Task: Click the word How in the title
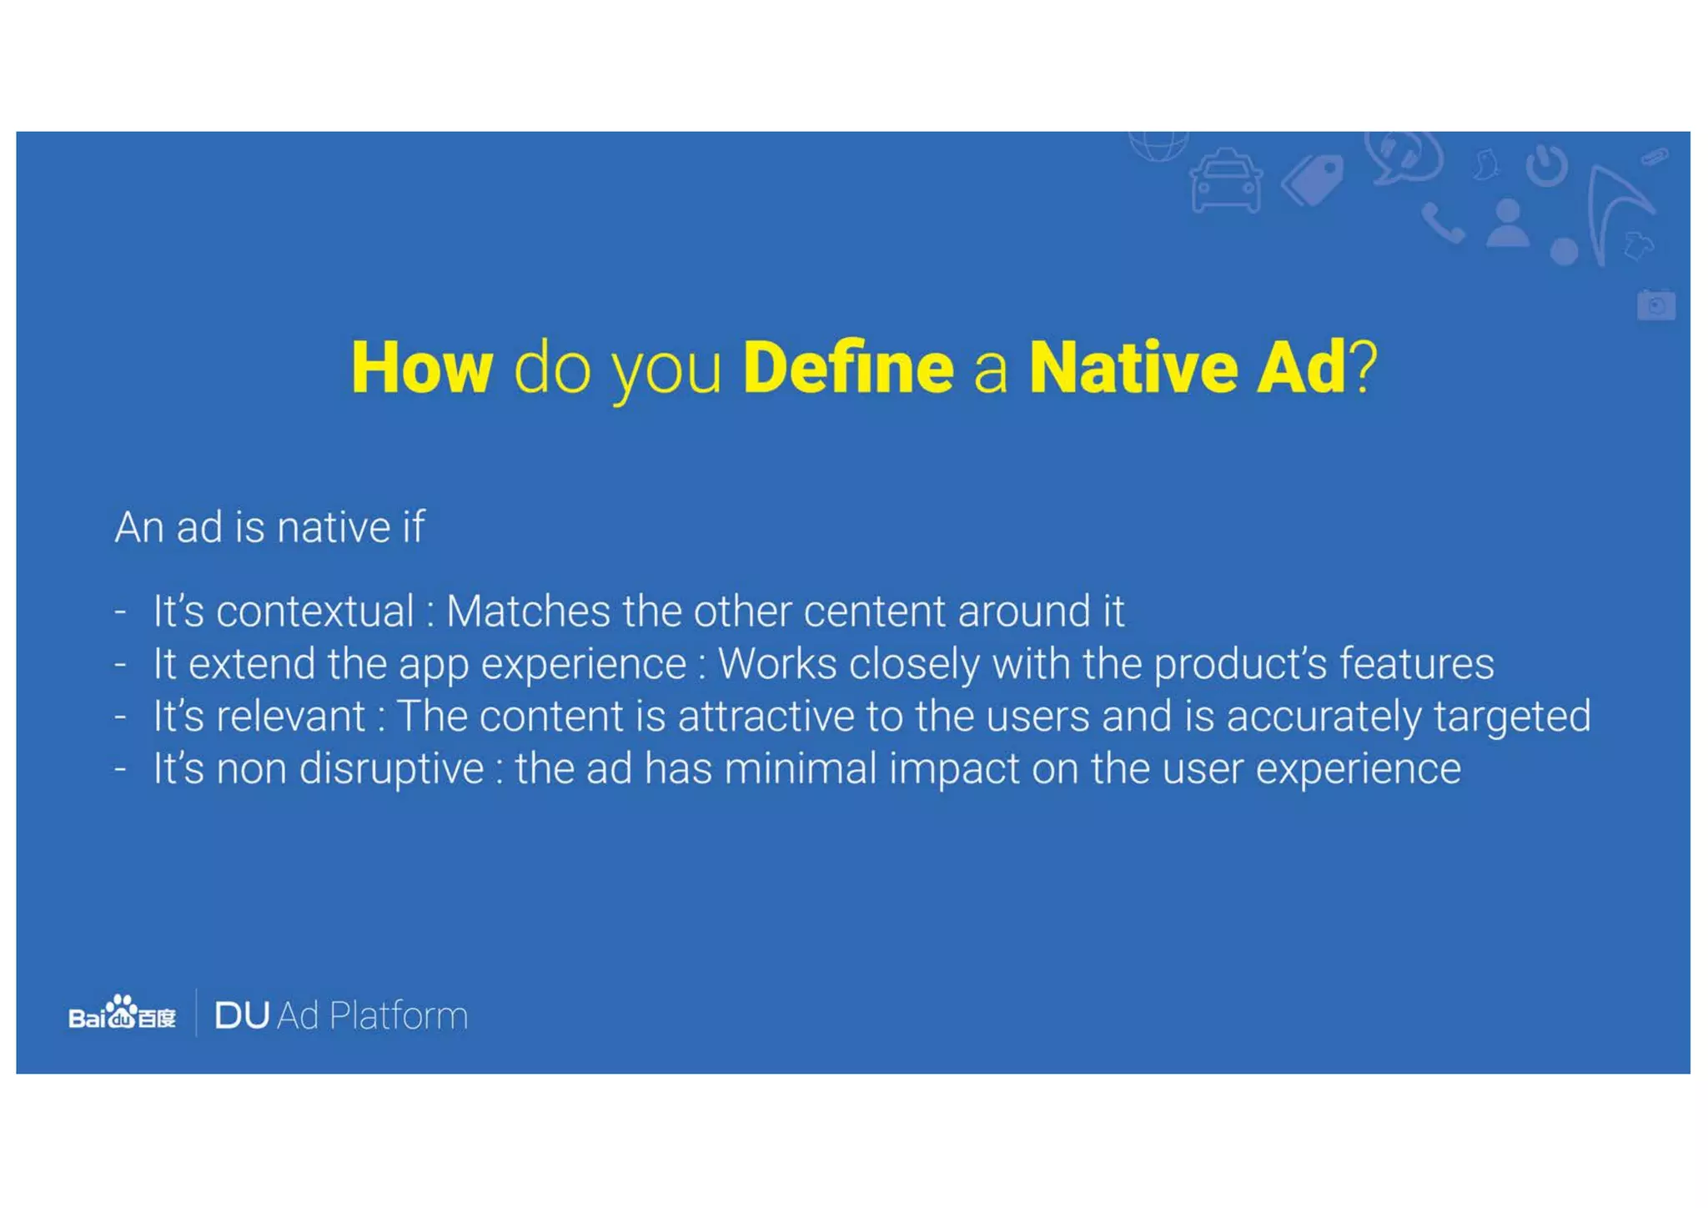(x=422, y=368)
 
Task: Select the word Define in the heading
(x=847, y=368)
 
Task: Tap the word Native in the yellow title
(x=1133, y=368)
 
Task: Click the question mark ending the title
(x=1364, y=368)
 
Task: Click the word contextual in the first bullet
(x=314, y=612)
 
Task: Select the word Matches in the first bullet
(x=528, y=612)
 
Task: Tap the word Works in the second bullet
(x=776, y=665)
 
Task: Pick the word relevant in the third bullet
(x=290, y=717)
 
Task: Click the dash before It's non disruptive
(x=120, y=769)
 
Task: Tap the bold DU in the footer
(x=242, y=1016)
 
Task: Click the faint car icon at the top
(x=1225, y=181)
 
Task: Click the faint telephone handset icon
(x=1442, y=223)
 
